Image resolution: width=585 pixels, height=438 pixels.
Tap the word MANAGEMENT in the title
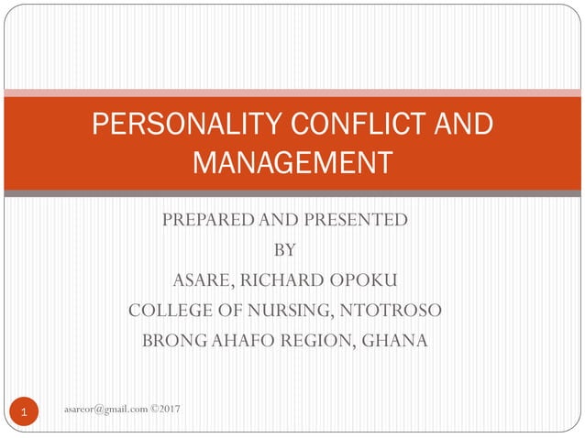(292, 162)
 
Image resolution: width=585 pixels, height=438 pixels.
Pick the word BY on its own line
(285, 249)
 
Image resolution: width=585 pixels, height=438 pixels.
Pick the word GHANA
(395, 342)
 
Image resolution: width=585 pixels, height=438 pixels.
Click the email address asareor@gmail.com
(106, 407)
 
